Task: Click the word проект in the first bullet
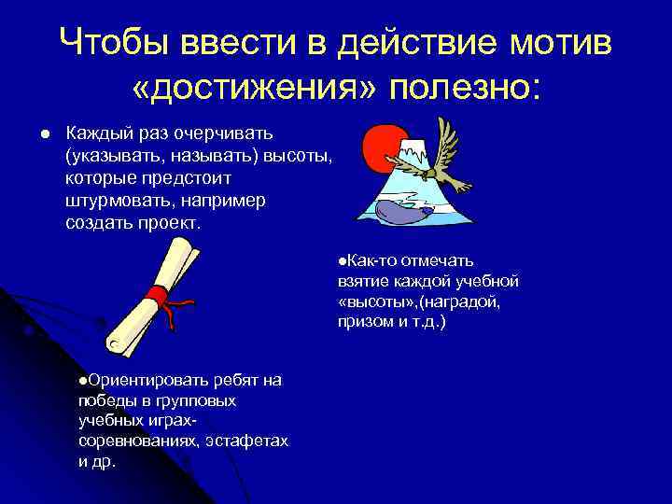pos(173,224)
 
